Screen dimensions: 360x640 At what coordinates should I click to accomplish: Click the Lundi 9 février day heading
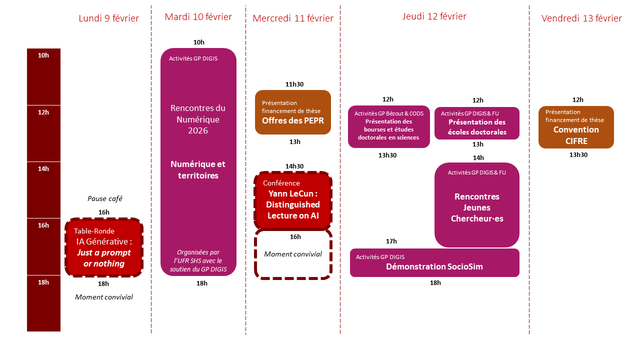coord(108,18)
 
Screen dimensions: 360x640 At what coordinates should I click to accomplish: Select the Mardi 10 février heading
coord(198,17)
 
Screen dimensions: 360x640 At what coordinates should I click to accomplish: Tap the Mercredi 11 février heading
coord(293,18)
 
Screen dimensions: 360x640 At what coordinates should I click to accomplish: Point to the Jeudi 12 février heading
coord(434,16)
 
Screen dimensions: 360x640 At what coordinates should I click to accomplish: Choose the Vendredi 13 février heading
coord(581,18)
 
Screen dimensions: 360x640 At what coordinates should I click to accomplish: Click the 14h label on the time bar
coord(43,169)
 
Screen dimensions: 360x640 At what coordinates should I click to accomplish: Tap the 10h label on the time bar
coord(43,55)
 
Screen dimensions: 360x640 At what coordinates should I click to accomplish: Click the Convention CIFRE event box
coord(576,127)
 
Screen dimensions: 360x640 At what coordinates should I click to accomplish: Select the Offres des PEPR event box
coord(293,112)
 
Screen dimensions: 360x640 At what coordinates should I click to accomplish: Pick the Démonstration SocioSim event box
coord(434,262)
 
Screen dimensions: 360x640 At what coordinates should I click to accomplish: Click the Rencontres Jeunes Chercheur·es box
coord(476,205)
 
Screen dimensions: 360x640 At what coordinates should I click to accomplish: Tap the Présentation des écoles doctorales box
coord(476,123)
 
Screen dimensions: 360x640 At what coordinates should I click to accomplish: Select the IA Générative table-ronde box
coord(104,247)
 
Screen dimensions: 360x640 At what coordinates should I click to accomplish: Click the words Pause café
coord(105,198)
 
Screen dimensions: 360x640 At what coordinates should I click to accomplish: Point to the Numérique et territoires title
coord(198,170)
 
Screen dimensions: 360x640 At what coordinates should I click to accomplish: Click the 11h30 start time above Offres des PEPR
coord(294,84)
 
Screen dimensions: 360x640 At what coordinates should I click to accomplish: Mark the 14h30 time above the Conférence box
coord(294,166)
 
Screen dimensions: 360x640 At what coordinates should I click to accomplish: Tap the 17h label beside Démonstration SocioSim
coord(391,241)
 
